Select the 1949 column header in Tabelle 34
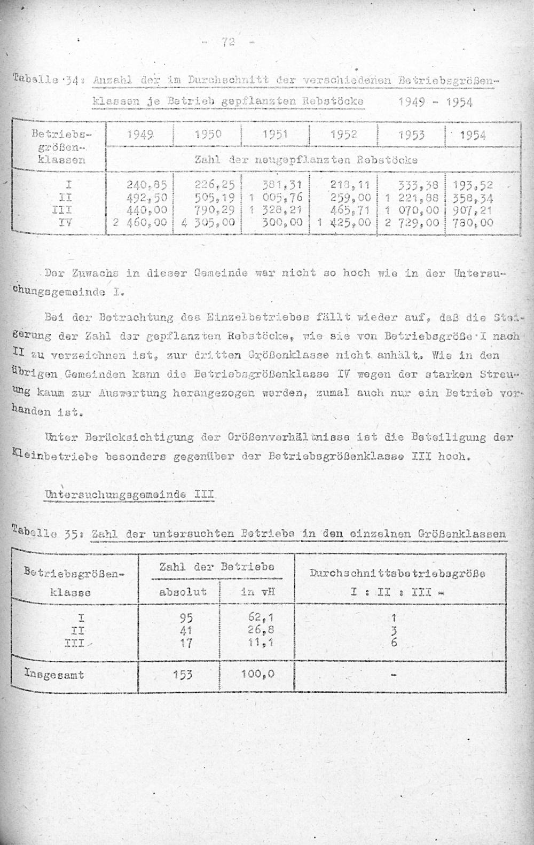click(x=140, y=135)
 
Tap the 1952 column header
click(x=343, y=135)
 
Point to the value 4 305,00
click(x=208, y=223)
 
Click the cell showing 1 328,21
click(x=276, y=210)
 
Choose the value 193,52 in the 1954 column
click(x=471, y=186)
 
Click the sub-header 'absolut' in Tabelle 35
click(x=183, y=591)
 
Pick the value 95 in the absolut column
click(x=186, y=618)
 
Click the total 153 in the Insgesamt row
click(x=186, y=674)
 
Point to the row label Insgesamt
click(x=54, y=675)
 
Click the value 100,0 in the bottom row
click(x=257, y=674)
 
